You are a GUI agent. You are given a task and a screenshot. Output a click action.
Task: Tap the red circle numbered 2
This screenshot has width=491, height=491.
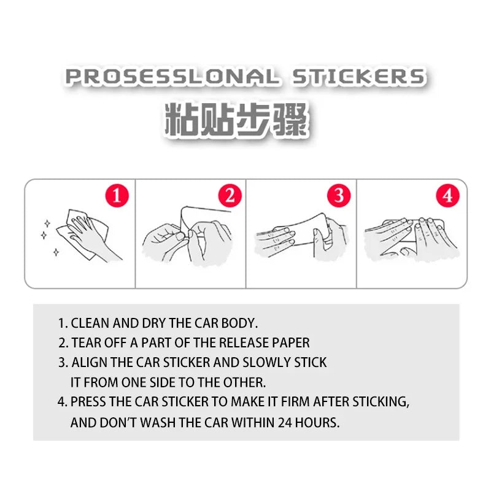click(230, 196)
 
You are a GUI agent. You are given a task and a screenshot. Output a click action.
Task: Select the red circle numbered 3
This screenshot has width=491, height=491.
click(338, 196)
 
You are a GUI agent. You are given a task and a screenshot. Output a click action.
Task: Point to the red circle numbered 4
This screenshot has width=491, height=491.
click(447, 196)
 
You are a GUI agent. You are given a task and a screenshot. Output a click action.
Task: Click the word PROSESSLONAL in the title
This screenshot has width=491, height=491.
click(171, 77)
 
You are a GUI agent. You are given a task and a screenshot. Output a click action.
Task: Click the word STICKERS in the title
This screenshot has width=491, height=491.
click(358, 77)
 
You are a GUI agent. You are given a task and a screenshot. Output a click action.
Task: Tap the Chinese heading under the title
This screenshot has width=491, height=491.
click(236, 119)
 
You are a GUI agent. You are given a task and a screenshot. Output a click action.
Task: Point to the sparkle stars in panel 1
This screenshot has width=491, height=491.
click(48, 236)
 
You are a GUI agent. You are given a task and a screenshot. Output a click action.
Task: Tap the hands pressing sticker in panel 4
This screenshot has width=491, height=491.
click(411, 236)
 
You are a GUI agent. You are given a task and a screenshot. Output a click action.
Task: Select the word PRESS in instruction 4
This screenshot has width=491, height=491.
click(89, 402)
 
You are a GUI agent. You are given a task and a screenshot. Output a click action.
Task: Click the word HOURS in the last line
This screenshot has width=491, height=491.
click(317, 422)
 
